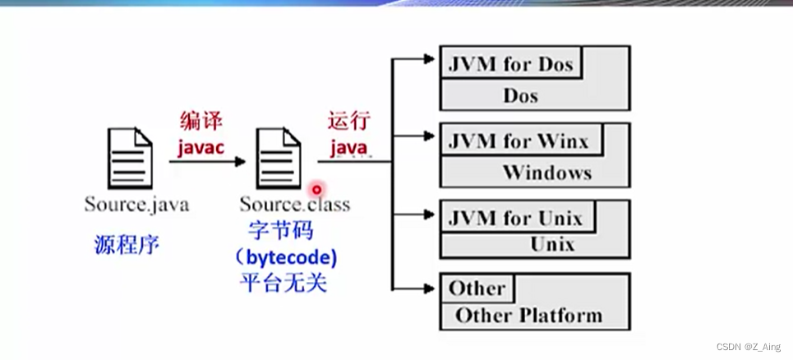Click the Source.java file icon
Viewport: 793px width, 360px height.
click(x=129, y=158)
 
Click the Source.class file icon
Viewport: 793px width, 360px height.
click(x=280, y=158)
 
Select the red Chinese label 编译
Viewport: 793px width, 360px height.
click(x=201, y=121)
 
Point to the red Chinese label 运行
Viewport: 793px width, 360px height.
click(x=349, y=121)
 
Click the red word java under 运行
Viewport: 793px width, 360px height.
click(x=348, y=148)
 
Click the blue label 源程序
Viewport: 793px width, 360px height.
click(x=127, y=243)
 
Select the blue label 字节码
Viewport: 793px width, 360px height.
click(x=280, y=230)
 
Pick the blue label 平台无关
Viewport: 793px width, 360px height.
click(x=280, y=284)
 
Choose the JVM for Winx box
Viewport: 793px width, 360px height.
click(x=519, y=141)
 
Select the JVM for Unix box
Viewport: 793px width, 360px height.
click(x=515, y=219)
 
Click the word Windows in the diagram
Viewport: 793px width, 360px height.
click(x=546, y=173)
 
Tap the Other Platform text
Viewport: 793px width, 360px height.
click(x=528, y=315)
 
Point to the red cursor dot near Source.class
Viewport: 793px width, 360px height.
click(x=316, y=189)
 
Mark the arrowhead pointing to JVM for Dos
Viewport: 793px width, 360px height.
click(x=427, y=58)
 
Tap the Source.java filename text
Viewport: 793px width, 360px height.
click(x=136, y=203)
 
